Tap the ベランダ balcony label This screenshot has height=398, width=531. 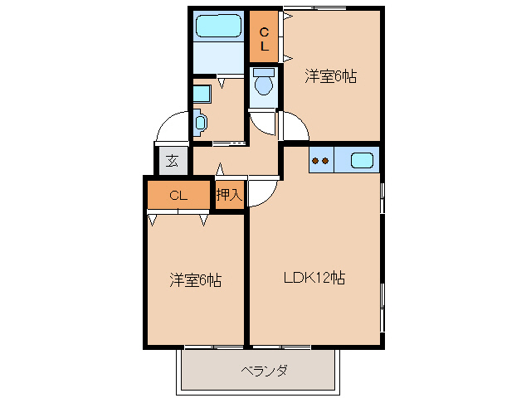(264, 370)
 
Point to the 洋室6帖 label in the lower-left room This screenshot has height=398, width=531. (195, 280)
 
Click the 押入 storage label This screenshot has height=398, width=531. (229, 196)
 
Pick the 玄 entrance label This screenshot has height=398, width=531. (172, 161)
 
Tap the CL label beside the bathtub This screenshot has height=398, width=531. (264, 39)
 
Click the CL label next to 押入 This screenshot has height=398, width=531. (178, 197)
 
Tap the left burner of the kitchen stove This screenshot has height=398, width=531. (315, 161)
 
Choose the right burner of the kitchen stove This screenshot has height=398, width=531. (326, 161)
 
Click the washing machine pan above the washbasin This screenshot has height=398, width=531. (200, 92)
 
